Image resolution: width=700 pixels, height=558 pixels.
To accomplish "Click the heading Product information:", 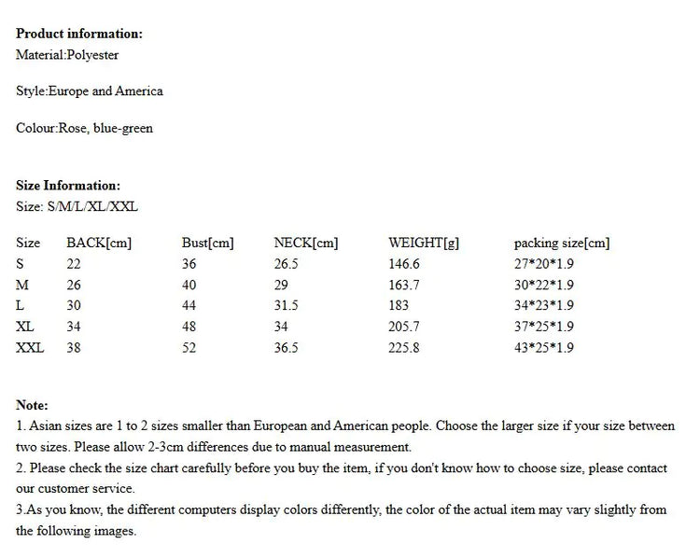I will pyautogui.click(x=79, y=34).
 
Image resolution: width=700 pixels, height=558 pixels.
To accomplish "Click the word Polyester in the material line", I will pyautogui.click(x=92, y=55).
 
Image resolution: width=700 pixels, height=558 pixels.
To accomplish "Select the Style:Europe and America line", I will pyautogui.click(x=90, y=91).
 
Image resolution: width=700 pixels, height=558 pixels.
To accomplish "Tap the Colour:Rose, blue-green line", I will pyautogui.click(x=84, y=128).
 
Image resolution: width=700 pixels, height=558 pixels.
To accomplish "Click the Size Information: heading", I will pyautogui.click(x=68, y=186).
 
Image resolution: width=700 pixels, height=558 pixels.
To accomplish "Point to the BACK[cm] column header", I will pyautogui.click(x=99, y=244).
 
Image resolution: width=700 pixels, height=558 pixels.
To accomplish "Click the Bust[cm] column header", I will pyautogui.click(x=207, y=244).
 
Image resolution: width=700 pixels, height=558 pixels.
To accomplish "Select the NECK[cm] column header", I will pyautogui.click(x=305, y=244).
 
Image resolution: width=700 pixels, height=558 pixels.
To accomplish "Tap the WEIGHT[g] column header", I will pyautogui.click(x=424, y=244).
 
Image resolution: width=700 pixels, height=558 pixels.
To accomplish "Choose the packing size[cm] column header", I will pyautogui.click(x=561, y=244).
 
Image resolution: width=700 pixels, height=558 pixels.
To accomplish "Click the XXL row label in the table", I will pyautogui.click(x=30, y=348).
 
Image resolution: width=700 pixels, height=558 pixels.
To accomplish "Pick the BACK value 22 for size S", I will pyautogui.click(x=74, y=264).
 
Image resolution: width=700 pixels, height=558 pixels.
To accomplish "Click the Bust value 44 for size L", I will pyautogui.click(x=189, y=306).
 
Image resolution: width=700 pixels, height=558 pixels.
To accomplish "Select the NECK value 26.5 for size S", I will pyautogui.click(x=286, y=264).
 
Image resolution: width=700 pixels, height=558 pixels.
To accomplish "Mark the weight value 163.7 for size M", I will pyautogui.click(x=404, y=286).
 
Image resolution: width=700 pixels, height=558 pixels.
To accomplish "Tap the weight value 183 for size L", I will pyautogui.click(x=399, y=306).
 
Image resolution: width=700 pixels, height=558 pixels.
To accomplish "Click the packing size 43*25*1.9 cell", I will pyautogui.click(x=543, y=348).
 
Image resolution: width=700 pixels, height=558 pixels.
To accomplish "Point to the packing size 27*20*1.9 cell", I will pyautogui.click(x=543, y=264).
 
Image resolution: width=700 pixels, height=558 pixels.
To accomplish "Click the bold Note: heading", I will pyautogui.click(x=33, y=405).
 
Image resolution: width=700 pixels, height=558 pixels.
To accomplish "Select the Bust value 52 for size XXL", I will pyautogui.click(x=189, y=348).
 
